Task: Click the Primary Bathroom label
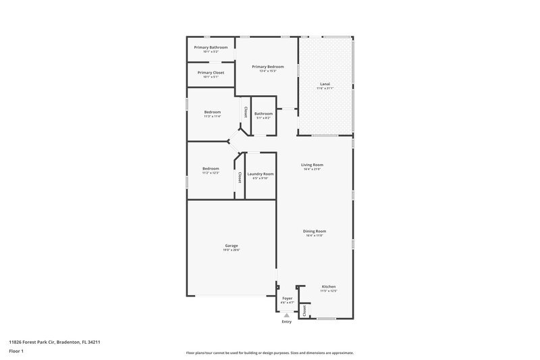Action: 211,47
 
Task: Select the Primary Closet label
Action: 211,73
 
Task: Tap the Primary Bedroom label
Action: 268,67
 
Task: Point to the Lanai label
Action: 325,84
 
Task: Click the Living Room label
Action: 312,165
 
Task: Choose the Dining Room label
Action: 315,232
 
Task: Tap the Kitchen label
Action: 329,286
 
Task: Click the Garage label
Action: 232,245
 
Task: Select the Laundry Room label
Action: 261,174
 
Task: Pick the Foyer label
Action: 287,298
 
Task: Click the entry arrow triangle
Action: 287,315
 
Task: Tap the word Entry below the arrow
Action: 287,322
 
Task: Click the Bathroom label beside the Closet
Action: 263,113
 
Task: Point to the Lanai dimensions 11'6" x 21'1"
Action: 325,89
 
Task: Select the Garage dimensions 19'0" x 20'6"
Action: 232,250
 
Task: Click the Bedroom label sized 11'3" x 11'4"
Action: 213,112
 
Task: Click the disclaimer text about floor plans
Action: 269,353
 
